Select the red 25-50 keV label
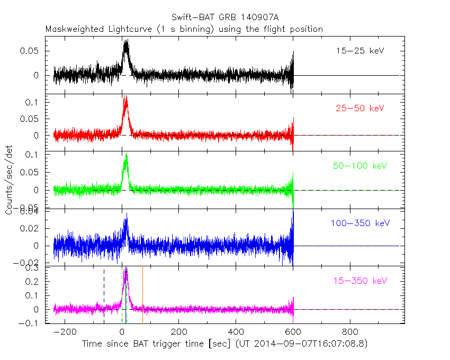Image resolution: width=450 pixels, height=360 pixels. point(359,108)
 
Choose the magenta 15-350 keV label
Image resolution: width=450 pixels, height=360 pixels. point(359,280)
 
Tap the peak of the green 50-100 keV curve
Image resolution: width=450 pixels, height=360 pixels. point(126,154)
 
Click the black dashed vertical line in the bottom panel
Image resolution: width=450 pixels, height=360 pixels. point(104,294)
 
